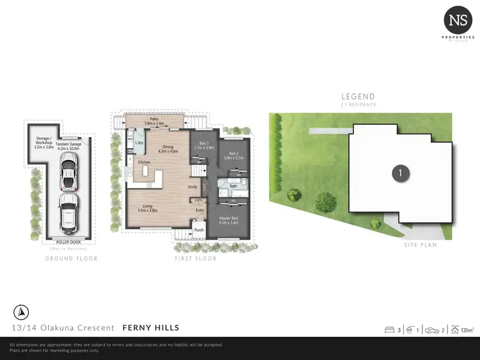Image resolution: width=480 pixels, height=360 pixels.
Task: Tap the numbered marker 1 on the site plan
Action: coord(400,172)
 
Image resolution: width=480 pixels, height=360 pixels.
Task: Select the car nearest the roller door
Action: coord(68,214)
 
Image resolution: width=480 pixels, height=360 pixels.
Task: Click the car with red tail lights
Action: coord(68,173)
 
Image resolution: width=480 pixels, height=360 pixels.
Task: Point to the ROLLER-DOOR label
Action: coord(68,243)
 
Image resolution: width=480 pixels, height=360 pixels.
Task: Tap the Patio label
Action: coord(154,119)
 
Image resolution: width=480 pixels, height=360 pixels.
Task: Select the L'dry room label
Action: coord(139,142)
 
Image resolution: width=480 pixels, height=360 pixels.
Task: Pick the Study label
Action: coord(191,187)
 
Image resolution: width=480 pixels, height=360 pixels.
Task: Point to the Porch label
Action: coord(198,230)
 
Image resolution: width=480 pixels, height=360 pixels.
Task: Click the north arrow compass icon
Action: coord(20,313)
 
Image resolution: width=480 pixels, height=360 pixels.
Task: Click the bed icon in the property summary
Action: coord(388,330)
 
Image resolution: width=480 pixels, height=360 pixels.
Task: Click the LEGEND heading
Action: coord(358,97)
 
